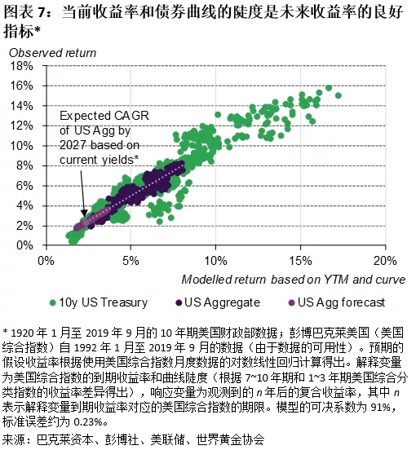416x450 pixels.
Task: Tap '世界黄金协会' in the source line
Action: (x=231, y=440)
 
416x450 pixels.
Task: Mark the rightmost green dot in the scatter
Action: (x=338, y=95)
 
